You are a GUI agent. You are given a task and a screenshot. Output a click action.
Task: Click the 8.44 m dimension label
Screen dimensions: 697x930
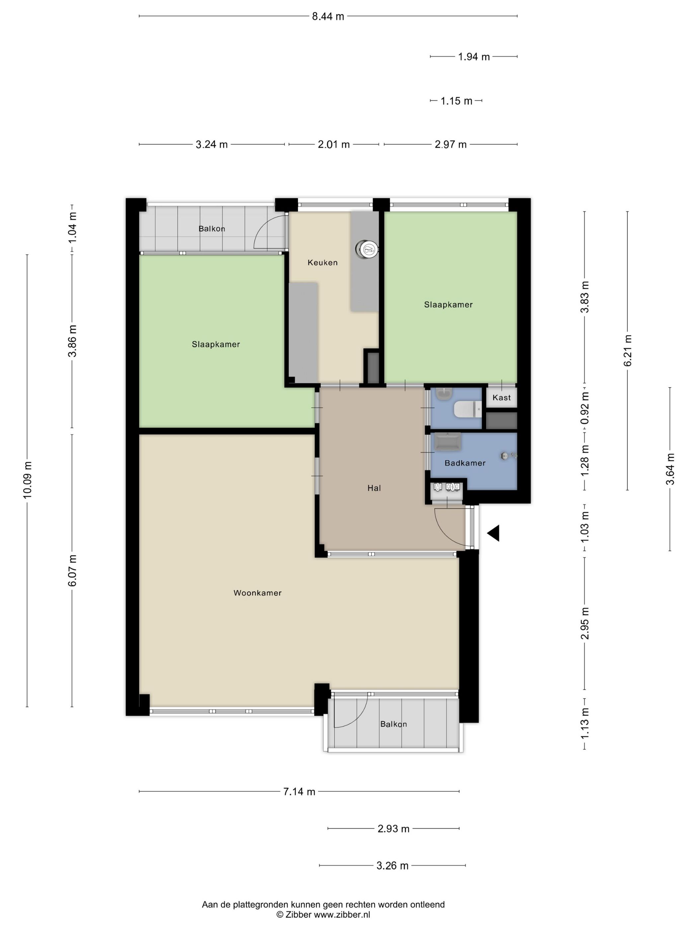coord(328,16)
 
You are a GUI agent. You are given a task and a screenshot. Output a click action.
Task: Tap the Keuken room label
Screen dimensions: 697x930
coord(322,262)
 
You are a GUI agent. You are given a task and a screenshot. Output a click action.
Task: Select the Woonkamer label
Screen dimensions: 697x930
coord(258,593)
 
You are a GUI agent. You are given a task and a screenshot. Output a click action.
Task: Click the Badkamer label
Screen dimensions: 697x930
coord(465,463)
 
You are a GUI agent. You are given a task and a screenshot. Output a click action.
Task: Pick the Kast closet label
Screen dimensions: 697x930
coord(502,397)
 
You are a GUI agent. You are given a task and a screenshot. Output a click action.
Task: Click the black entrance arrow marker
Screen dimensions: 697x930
coord(493,533)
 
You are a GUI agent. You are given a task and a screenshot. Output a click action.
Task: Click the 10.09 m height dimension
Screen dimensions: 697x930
coord(27,480)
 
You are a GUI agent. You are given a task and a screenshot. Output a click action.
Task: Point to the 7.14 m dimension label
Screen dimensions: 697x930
coord(299,792)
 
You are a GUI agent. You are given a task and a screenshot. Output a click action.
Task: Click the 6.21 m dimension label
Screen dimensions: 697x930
coord(628,350)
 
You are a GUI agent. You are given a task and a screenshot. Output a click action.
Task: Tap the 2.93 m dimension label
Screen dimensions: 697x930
coord(393,829)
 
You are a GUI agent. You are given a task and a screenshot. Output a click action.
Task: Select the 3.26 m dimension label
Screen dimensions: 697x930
coord(392,866)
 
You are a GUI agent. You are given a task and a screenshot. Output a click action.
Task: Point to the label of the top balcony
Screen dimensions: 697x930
coord(212,229)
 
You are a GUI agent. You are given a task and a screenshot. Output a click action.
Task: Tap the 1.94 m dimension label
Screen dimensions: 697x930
coord(474,57)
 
